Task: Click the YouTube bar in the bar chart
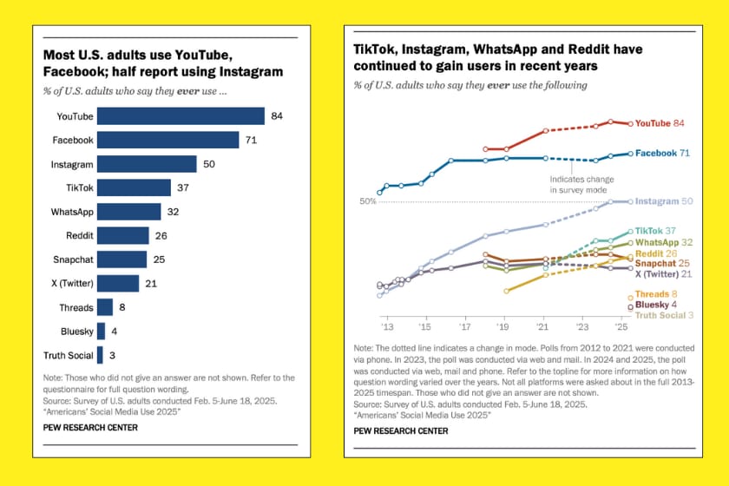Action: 181,116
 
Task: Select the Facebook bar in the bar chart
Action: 167,140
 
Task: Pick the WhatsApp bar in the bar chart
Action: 128,212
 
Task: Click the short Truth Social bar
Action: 101,355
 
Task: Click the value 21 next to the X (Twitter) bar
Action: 152,284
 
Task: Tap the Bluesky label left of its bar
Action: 77,332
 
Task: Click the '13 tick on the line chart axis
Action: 386,329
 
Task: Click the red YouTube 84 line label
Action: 660,124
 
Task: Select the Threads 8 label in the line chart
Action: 656,295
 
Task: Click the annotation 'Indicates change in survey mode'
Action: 578,184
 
